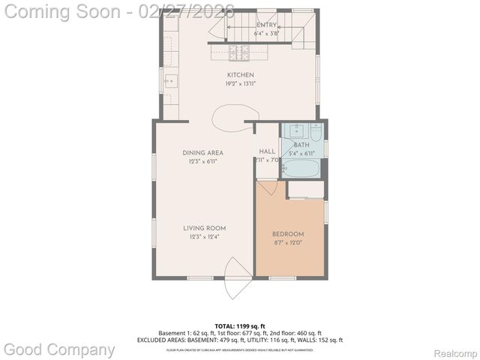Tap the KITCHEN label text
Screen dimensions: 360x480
coord(241,75)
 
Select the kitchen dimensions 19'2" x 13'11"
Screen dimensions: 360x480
coord(241,84)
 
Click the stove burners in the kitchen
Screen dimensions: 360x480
coord(239,52)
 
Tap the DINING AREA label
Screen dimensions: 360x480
coord(203,153)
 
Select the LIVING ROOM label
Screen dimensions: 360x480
coord(205,228)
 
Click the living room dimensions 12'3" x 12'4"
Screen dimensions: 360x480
coord(205,237)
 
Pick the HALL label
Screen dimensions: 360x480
coord(267,151)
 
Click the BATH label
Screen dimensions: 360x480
coord(301,145)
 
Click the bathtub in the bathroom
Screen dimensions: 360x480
coord(301,169)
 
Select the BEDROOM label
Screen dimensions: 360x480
coord(288,234)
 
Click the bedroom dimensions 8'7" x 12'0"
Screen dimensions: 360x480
coord(288,243)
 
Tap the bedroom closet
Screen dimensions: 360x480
coord(306,190)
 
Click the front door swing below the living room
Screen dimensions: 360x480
coord(238,278)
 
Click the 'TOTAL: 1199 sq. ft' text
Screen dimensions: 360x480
coord(240,326)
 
